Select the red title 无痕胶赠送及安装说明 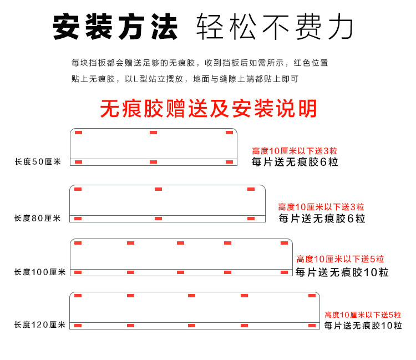[x=208, y=109]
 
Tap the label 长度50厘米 [x=37, y=162]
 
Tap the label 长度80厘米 [x=37, y=219]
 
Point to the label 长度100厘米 [x=39, y=272]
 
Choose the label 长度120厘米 [x=39, y=325]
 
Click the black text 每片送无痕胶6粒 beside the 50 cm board [x=295, y=162]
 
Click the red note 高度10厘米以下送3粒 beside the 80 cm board [x=321, y=207]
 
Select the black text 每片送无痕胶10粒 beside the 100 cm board [x=342, y=272]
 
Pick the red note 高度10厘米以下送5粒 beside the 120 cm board [x=363, y=315]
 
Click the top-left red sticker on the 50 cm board [x=78, y=133]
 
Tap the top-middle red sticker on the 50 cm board [x=153, y=133]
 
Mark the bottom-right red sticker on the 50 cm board [x=229, y=162]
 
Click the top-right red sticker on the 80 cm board [x=251, y=189]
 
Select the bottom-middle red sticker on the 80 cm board [x=158, y=219]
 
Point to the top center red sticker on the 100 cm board [x=180, y=243]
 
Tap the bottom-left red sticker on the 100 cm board [x=78, y=272]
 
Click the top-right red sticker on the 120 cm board [x=312, y=296]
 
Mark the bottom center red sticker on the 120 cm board [x=191, y=325]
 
